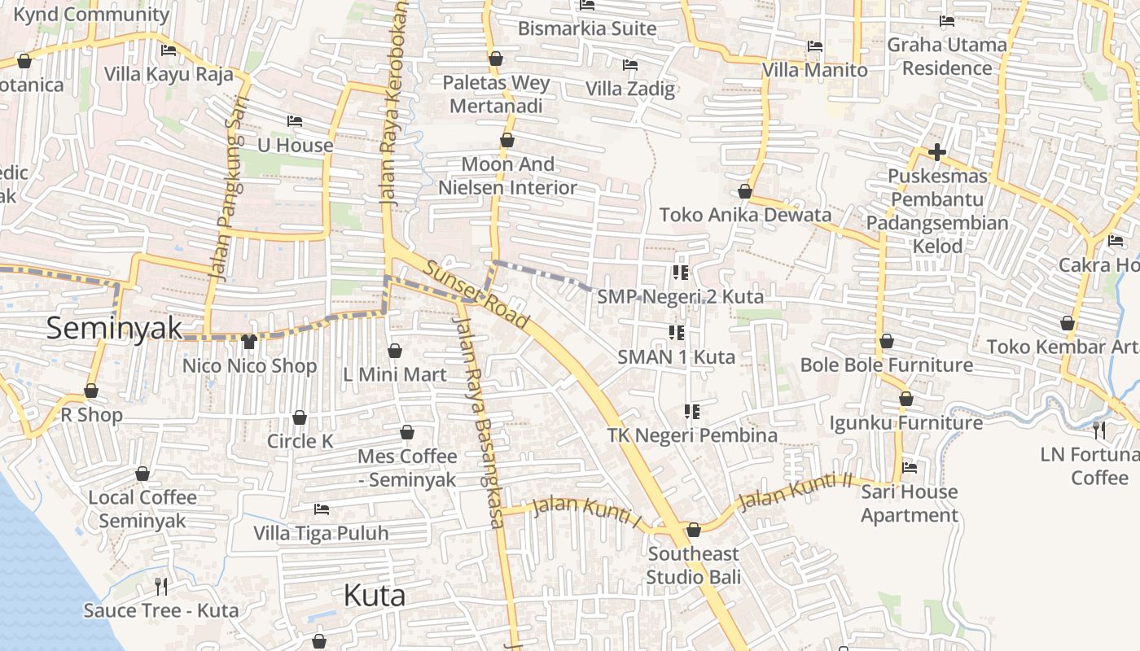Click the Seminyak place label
click(114, 328)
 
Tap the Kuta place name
click(375, 596)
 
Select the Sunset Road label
click(476, 295)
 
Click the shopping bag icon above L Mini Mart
click(395, 351)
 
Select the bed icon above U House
click(295, 121)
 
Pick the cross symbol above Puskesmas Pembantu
click(937, 151)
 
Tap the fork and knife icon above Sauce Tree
click(161, 586)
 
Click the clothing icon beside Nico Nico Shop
click(249, 342)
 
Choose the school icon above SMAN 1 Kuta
click(676, 332)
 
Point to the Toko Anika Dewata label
click(745, 215)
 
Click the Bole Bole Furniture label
click(886, 365)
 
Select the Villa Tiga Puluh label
click(321, 534)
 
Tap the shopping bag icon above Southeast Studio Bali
click(694, 531)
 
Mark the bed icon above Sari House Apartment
click(910, 467)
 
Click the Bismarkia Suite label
click(587, 28)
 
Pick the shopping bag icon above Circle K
click(300, 417)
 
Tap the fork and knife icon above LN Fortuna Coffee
click(1099, 430)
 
